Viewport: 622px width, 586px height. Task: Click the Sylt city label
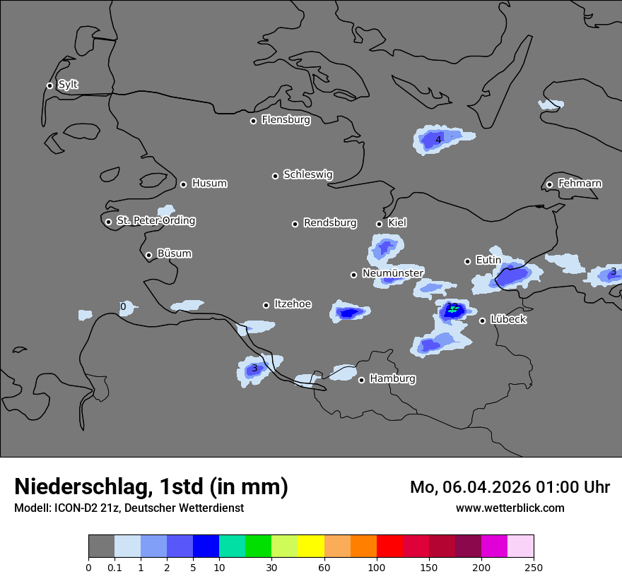coord(68,85)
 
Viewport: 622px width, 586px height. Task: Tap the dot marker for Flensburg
coord(253,121)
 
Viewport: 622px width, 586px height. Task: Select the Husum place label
coord(209,184)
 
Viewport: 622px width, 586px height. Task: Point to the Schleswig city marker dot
coord(275,176)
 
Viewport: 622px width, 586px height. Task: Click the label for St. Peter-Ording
coord(155,221)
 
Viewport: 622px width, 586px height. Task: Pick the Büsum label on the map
coord(174,253)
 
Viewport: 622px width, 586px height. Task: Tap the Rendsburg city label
coord(330,223)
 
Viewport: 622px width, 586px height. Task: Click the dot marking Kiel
coord(379,224)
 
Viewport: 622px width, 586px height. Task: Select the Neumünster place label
coord(393,273)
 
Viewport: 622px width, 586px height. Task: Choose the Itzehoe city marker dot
coord(266,305)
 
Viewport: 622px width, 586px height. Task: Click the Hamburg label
coord(392,379)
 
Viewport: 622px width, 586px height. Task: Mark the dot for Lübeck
coord(482,321)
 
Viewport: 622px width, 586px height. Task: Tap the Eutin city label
coord(488,261)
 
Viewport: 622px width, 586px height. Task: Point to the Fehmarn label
coord(580,184)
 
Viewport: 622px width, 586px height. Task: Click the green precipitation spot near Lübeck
coord(453,309)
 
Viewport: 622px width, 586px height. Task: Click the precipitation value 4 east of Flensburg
coord(438,140)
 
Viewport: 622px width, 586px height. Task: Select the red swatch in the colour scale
coord(389,546)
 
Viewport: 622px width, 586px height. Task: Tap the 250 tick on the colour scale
coord(533,567)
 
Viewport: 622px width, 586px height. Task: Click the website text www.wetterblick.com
coord(510,508)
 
